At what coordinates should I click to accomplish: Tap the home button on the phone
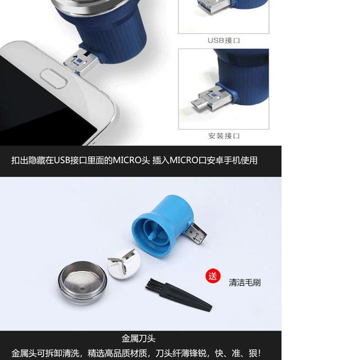pos(54,79)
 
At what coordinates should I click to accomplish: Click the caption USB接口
pos(224,40)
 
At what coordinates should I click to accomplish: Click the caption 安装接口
pos(224,136)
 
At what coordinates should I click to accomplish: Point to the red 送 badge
pos(213,276)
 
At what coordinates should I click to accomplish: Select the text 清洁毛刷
pos(245,282)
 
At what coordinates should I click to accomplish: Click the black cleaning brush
pos(178,295)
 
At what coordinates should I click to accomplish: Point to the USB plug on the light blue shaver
pos(197,234)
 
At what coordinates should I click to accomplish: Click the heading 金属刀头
pos(139,339)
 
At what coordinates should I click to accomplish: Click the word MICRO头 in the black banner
pos(131,160)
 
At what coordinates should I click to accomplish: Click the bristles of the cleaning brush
pos(153,284)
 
